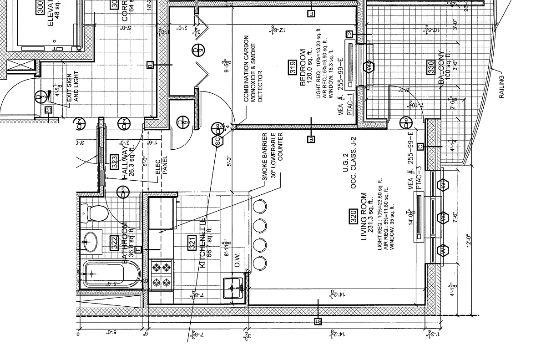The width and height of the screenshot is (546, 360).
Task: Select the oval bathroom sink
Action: pyautogui.click(x=91, y=242)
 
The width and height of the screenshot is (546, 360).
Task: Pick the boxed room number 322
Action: pyautogui.click(x=114, y=242)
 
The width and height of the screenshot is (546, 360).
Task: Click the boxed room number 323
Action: pyautogui.click(x=115, y=162)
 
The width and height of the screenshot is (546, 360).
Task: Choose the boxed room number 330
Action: pyautogui.click(x=430, y=66)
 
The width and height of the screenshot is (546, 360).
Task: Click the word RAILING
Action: pyautogui.click(x=502, y=86)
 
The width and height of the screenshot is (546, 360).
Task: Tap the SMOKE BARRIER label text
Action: pyautogui.click(x=264, y=156)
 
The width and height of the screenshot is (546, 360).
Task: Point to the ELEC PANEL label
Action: pyautogui.click(x=162, y=167)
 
